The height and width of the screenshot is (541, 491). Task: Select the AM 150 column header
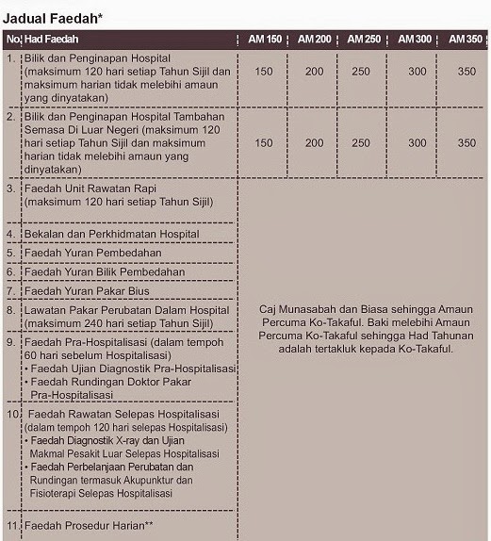pyautogui.click(x=264, y=40)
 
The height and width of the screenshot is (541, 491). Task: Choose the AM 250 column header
pyautogui.click(x=366, y=40)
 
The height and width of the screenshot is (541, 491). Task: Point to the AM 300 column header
pyautogui.click(x=416, y=40)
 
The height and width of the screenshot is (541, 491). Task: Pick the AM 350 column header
pyautogui.click(x=466, y=40)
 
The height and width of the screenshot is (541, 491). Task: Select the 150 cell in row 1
pyautogui.click(x=264, y=72)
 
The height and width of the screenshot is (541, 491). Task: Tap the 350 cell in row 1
pyautogui.click(x=467, y=72)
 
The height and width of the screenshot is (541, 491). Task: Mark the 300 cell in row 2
pyautogui.click(x=417, y=143)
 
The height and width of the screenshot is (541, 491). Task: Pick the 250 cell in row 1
pyautogui.click(x=366, y=72)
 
